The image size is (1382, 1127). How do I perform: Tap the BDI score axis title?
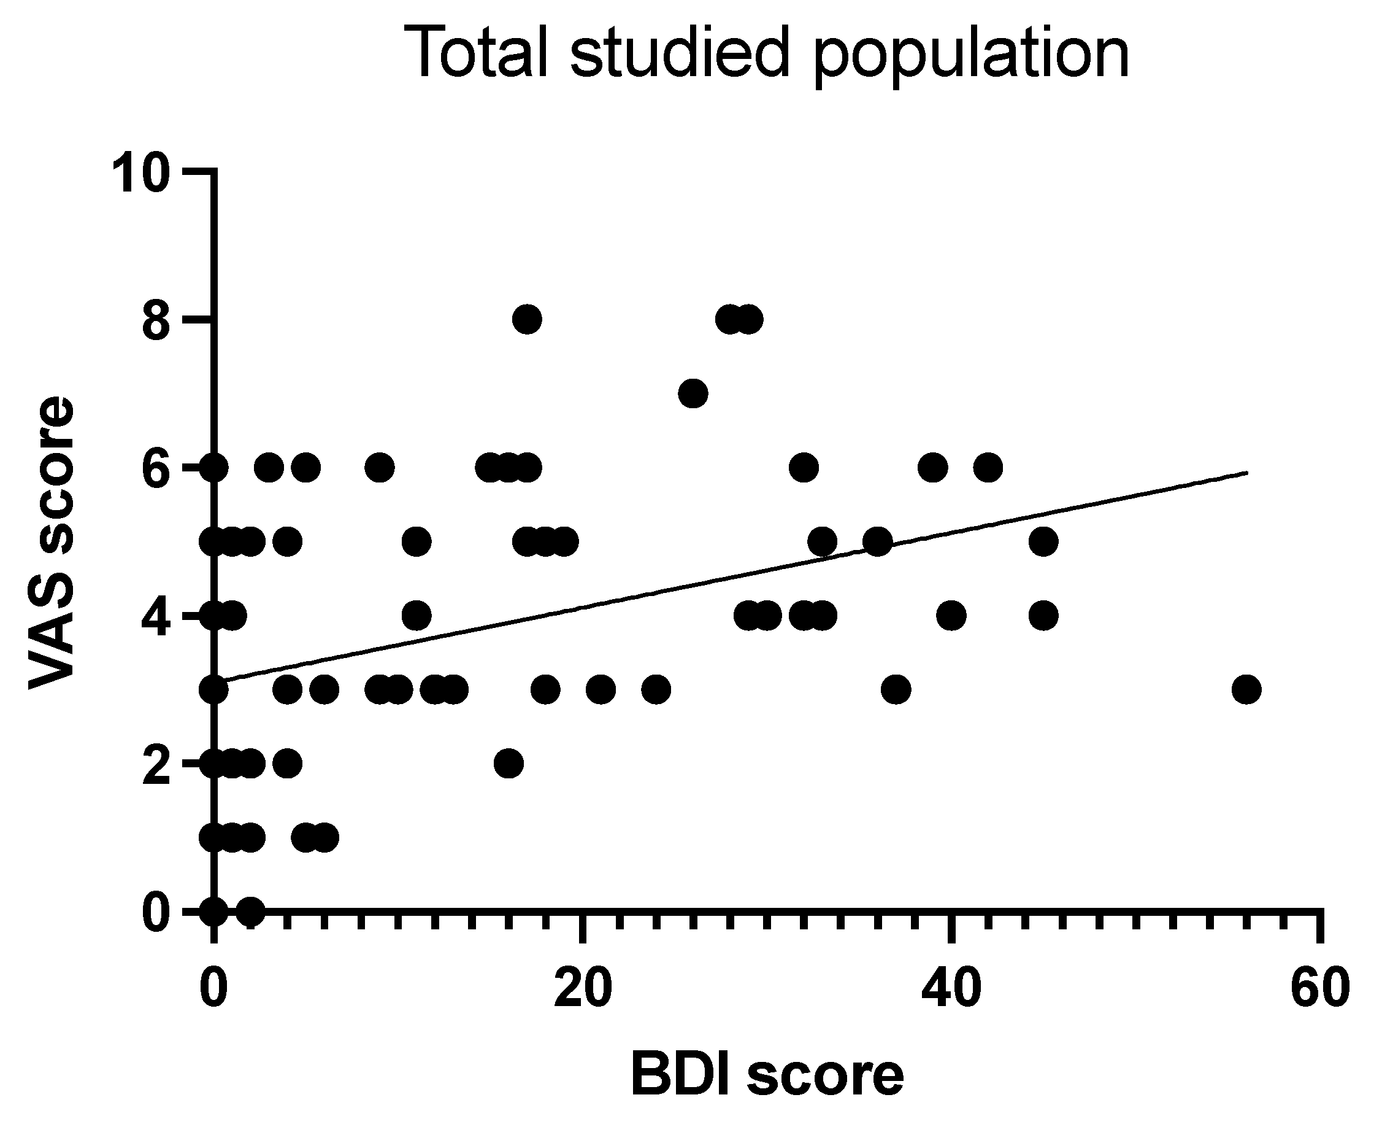pos(767,1075)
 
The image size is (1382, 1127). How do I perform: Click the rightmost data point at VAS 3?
pos(1246,689)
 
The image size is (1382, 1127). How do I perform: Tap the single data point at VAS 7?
pos(693,393)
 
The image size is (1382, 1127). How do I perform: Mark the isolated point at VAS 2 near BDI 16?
pos(509,763)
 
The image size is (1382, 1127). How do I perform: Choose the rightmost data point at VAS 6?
pos(988,467)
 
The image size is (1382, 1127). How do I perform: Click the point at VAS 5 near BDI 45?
pos(1043,541)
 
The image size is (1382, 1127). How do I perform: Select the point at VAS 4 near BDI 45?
pos(1043,615)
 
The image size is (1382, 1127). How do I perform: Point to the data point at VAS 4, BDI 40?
pos(951,615)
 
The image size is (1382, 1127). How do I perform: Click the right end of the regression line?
pos(1246,473)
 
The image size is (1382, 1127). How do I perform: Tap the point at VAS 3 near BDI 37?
pos(896,689)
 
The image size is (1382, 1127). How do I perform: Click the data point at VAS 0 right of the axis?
pos(250,911)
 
